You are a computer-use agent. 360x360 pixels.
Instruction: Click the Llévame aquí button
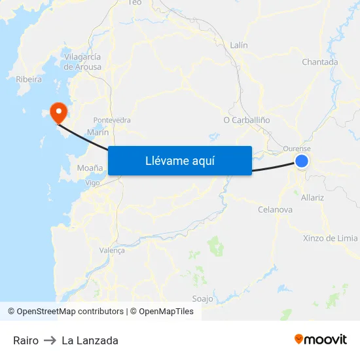tap(179, 160)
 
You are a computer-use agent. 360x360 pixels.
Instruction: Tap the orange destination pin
tap(58, 112)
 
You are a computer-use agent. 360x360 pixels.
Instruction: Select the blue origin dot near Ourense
tap(302, 161)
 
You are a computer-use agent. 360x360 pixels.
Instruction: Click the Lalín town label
tap(239, 45)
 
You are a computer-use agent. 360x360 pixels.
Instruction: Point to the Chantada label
tap(319, 62)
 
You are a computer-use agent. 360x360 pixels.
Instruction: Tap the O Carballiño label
tap(246, 120)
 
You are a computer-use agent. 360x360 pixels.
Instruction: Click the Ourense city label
tap(297, 149)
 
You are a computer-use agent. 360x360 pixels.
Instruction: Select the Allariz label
tap(312, 197)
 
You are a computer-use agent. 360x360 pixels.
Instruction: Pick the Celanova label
tap(275, 209)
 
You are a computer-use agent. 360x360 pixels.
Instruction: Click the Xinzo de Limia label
tap(331, 238)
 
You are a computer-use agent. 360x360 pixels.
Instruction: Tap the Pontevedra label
tap(112, 120)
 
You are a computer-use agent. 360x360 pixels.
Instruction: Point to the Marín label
tap(98, 132)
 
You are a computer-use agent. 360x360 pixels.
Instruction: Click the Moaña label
tap(90, 168)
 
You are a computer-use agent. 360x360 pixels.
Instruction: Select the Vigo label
tap(93, 183)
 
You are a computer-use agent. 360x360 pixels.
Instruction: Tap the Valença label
tap(111, 250)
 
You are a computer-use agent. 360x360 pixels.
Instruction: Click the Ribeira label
tap(29, 79)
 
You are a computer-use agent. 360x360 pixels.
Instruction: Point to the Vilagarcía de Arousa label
tap(82, 62)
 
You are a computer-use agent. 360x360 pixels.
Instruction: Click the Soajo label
tap(202, 298)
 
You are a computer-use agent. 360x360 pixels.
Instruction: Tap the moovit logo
tap(320, 340)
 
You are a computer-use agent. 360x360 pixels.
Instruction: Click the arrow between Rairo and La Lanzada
tap(50, 340)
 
